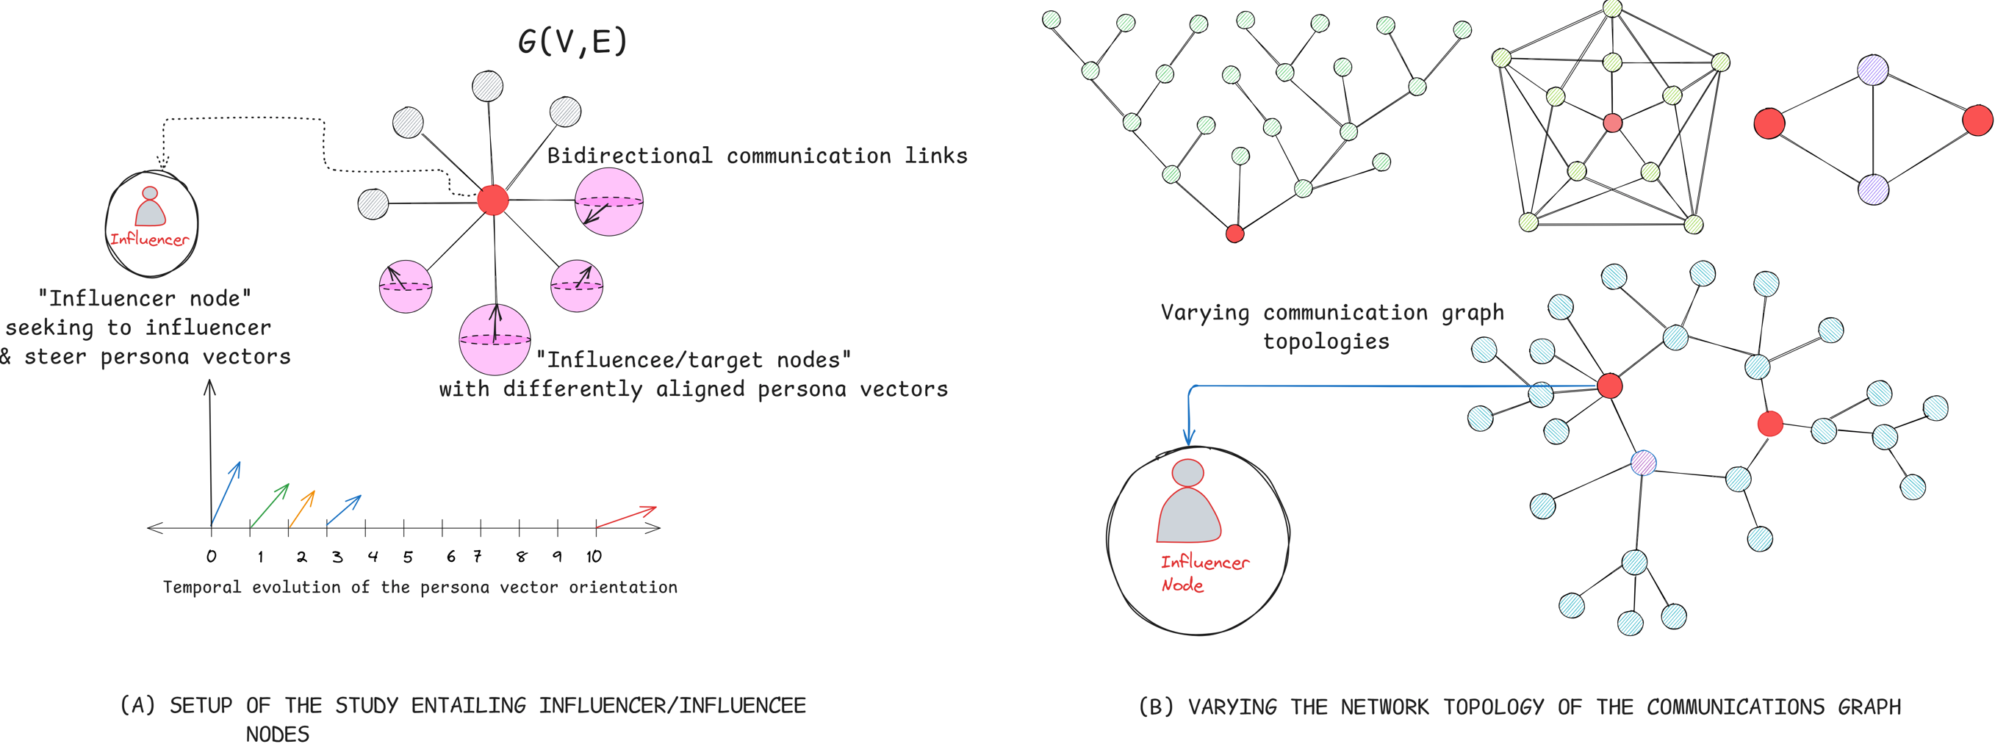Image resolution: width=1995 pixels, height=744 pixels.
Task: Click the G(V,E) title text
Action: point(572,41)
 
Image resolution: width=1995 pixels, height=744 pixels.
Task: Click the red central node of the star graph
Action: point(492,200)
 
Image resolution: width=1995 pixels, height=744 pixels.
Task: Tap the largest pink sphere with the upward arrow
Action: point(495,339)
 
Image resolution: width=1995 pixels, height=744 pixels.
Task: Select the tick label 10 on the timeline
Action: point(594,556)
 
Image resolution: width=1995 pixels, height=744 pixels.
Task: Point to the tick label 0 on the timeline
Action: point(211,556)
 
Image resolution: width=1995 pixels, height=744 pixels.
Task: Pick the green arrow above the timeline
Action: point(270,505)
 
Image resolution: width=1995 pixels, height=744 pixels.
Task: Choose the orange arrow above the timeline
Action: point(302,509)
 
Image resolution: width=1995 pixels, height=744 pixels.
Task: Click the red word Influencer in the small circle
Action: point(148,239)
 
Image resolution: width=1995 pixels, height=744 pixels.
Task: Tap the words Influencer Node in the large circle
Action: point(1203,573)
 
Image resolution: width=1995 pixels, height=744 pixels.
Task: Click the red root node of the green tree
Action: point(1235,233)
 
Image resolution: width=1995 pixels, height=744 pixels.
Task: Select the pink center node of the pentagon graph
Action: point(1612,123)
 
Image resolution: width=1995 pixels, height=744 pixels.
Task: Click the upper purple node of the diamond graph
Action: point(1872,70)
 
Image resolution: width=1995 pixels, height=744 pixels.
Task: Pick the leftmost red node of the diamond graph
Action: point(1769,123)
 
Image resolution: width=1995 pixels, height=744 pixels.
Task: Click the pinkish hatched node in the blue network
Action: point(1644,463)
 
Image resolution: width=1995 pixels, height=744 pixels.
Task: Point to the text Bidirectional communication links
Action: point(757,156)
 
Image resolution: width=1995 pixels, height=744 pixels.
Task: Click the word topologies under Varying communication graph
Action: point(1326,342)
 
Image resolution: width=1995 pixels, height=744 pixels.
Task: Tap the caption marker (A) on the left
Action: point(138,705)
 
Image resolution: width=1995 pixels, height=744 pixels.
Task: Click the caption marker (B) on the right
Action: point(1157,707)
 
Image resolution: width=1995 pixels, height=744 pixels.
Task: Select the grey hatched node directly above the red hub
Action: point(487,86)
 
